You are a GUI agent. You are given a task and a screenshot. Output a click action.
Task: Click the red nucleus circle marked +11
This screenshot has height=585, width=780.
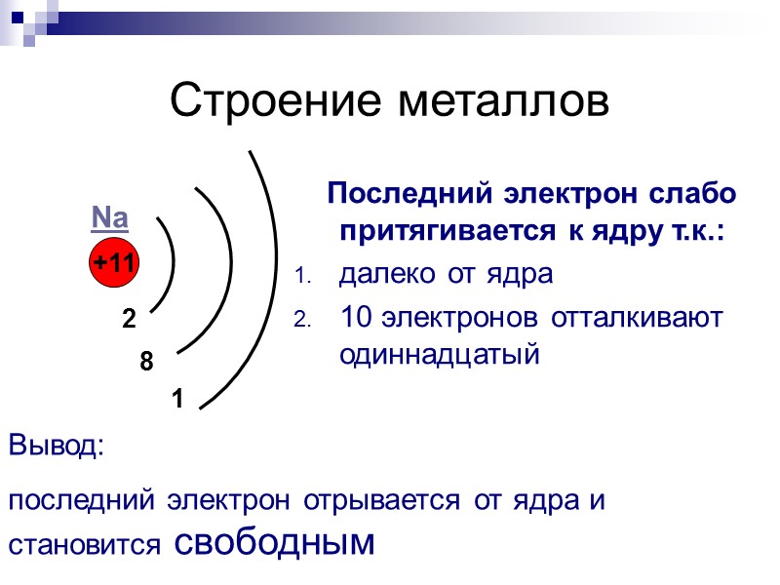116,262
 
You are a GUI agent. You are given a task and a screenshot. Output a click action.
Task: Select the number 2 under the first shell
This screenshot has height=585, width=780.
129,319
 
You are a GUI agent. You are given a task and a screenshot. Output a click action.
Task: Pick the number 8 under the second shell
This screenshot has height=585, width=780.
146,363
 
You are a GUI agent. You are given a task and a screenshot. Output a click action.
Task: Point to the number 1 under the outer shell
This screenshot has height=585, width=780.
177,399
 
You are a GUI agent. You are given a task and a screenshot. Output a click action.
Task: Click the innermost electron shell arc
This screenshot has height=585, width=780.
173,261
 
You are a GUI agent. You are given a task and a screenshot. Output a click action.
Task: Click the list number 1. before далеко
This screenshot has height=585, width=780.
301,278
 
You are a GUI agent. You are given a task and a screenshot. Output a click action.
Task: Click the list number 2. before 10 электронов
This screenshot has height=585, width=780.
301,320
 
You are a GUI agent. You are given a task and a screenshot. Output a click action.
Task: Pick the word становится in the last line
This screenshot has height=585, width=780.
85,546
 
